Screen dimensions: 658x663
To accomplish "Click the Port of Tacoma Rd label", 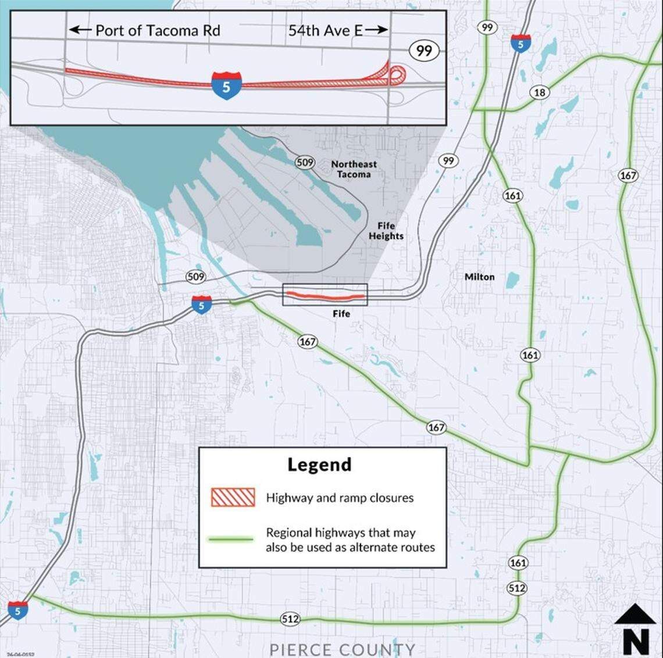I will coord(157,30).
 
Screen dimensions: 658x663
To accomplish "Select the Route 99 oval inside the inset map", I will coord(424,51).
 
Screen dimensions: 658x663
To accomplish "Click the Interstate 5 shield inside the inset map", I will coord(226,85).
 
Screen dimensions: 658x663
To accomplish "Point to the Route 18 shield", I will coord(539,92).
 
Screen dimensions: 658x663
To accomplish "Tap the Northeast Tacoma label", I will coord(354,169).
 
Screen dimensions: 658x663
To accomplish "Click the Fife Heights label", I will coord(386,231).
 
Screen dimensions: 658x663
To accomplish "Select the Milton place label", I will coord(479,277).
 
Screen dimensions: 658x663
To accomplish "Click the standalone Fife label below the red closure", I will coord(341,314).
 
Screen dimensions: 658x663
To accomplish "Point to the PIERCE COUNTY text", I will coord(342,649).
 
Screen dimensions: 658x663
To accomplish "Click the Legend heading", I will coord(319,465).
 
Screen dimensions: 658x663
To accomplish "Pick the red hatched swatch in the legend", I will coord(233,498).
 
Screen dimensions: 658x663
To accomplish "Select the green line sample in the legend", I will coord(232,540).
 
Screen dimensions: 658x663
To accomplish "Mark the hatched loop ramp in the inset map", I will coord(397,74).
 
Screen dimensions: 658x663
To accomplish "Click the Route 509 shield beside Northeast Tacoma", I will coord(305,163).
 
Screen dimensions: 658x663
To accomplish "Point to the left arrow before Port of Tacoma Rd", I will coord(79,30).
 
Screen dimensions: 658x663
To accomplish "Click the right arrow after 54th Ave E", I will coord(377,30).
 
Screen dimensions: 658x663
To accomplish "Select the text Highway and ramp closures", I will coord(340,498).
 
